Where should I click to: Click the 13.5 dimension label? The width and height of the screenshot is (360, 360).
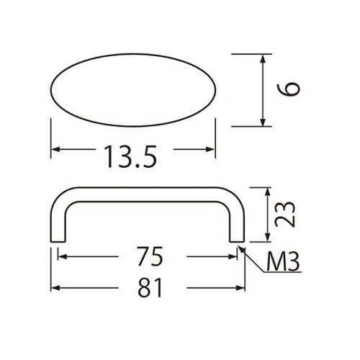(x=131, y=157)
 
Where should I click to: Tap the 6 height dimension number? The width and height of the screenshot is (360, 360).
(x=288, y=89)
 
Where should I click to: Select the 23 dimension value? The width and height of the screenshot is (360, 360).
(x=285, y=214)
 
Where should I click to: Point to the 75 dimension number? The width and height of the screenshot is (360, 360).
(x=150, y=256)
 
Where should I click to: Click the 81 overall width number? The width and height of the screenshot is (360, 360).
(x=150, y=287)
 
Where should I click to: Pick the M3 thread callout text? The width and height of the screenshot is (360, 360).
(x=283, y=262)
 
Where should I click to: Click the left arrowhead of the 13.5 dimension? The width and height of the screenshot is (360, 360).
(x=55, y=150)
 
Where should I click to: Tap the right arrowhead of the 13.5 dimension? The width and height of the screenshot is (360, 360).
(x=211, y=150)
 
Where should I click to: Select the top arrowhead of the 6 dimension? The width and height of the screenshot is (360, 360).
(x=264, y=58)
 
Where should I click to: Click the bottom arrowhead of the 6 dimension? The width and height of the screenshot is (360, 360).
(x=264, y=122)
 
